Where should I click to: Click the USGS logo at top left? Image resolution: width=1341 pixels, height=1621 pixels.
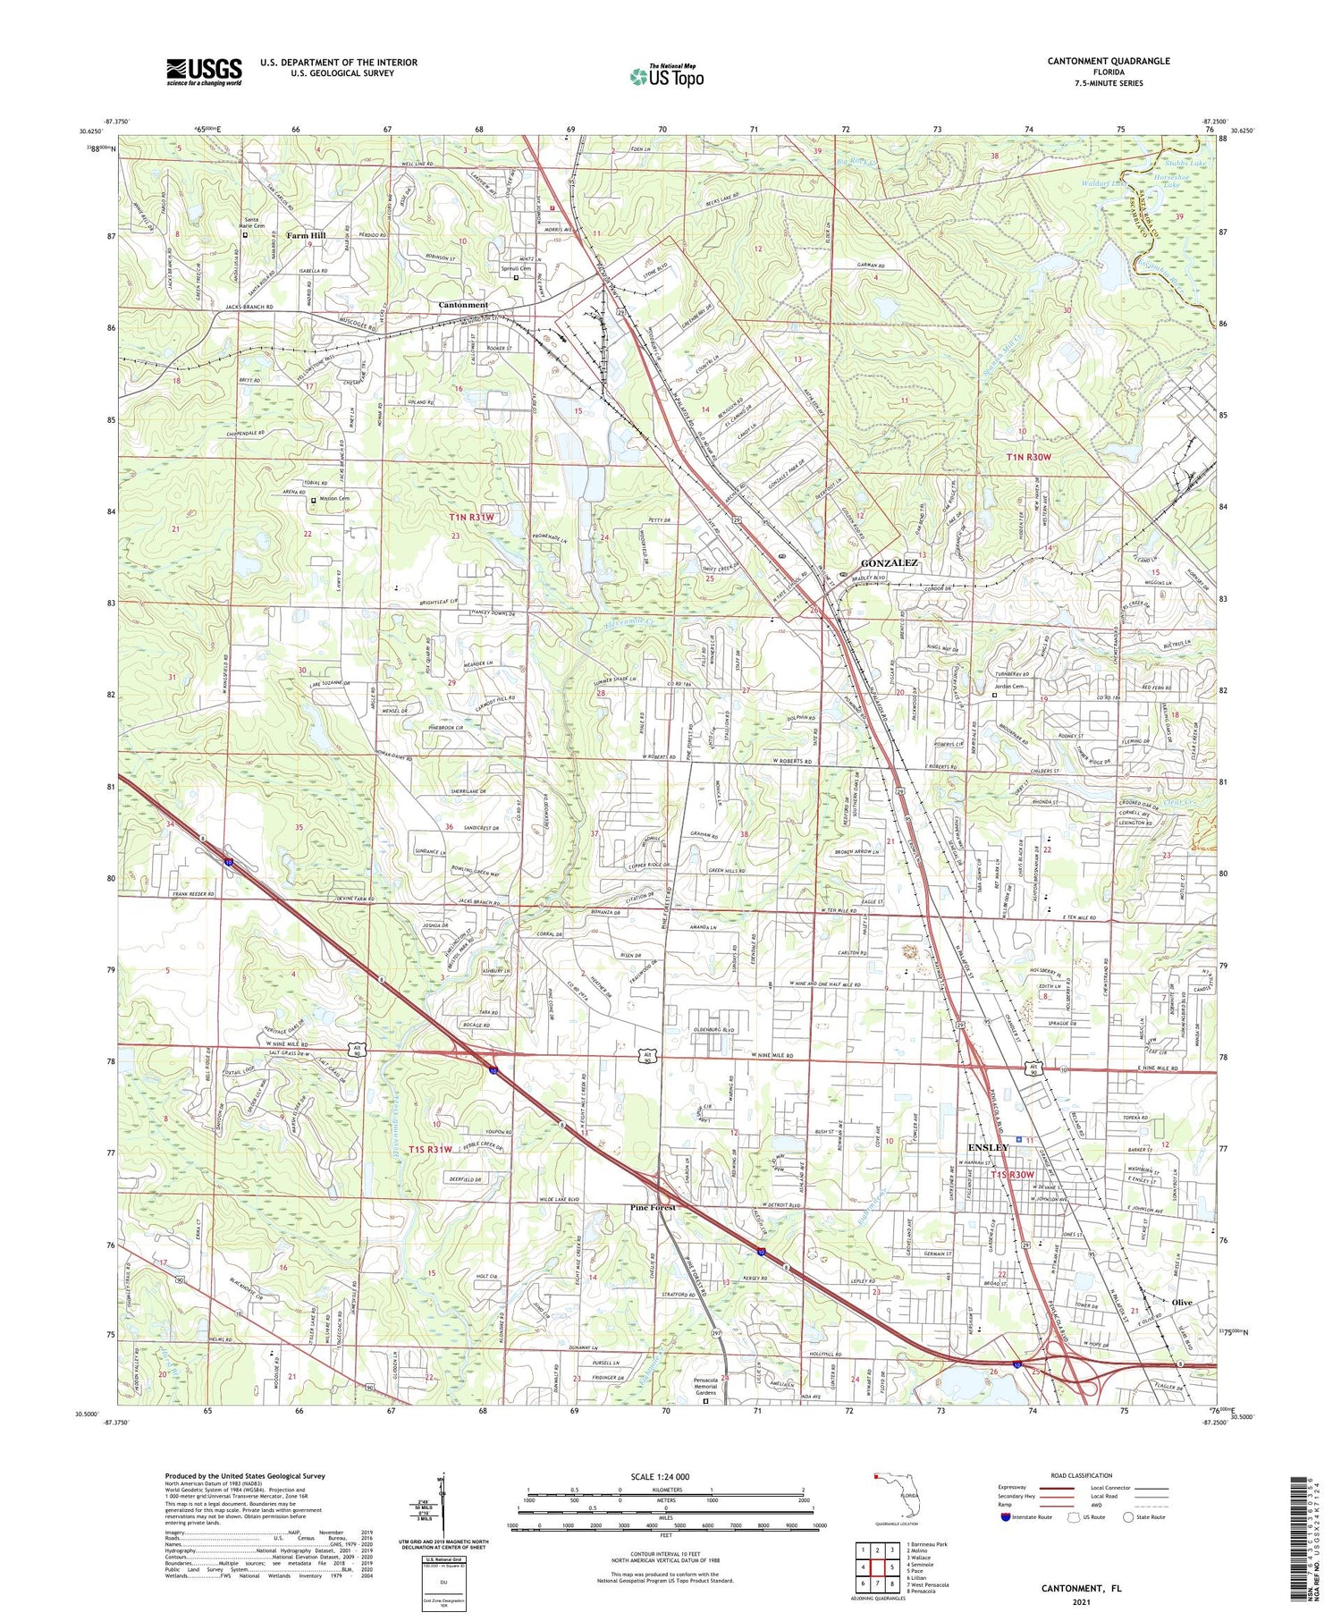[204, 72]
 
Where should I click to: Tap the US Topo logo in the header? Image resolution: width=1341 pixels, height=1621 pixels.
[667, 76]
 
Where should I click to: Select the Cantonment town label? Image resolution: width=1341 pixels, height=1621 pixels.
[463, 305]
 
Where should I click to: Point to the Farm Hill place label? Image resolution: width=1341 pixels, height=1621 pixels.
[306, 235]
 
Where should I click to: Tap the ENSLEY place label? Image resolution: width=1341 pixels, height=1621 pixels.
[988, 1147]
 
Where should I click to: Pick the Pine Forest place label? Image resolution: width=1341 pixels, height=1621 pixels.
[653, 1207]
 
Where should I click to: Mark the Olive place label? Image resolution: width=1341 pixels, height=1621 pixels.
[1182, 1303]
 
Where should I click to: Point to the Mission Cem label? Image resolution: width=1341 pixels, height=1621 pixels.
[332, 499]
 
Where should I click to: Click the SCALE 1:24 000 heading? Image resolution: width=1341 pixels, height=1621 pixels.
[665, 1477]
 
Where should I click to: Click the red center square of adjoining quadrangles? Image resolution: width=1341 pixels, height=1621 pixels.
[876, 1568]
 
